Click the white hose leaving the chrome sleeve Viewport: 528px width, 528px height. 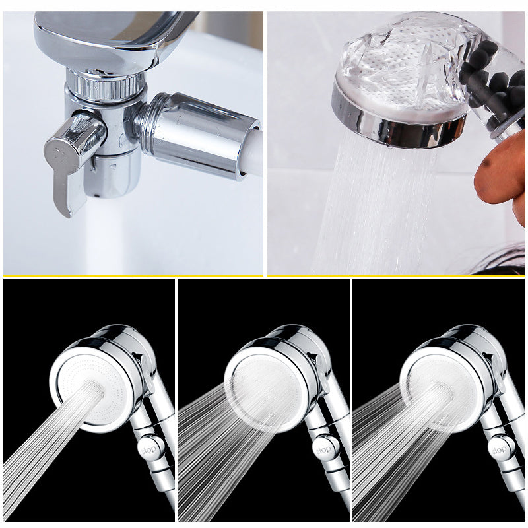[257, 153]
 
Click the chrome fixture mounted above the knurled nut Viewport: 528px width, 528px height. [111, 37]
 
